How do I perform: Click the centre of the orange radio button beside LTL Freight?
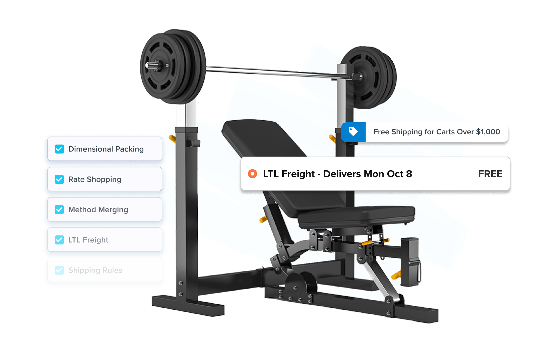253,174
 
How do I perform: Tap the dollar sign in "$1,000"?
478,132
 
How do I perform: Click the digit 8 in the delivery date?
409,174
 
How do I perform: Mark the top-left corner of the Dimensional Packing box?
48,137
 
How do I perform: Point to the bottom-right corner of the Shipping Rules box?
162,282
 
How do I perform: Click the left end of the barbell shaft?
146,65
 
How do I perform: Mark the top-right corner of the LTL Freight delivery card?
510,157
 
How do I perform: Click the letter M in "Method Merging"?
72,210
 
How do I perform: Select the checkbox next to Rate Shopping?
59,179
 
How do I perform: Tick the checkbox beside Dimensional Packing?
59,149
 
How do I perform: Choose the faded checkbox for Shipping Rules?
59,270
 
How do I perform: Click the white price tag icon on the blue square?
353,131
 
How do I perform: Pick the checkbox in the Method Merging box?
59,209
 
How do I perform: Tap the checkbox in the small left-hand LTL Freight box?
59,240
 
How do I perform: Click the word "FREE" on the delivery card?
490,174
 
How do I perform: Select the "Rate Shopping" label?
95,179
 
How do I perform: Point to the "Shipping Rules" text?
95,270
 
